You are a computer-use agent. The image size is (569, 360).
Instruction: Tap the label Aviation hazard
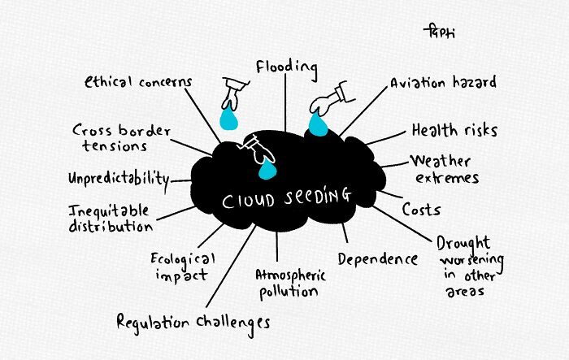[442, 83]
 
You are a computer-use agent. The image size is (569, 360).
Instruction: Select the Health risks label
[454, 130]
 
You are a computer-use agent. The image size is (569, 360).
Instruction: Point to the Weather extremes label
[444, 169]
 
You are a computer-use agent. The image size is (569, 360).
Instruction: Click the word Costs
[421, 210]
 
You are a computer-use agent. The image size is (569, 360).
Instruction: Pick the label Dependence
[377, 259]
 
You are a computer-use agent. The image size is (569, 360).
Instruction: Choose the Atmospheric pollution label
[290, 282]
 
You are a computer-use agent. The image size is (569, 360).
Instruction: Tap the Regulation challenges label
[193, 321]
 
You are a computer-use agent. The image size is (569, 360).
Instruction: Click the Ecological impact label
[183, 267]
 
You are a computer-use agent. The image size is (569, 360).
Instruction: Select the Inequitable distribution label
[110, 218]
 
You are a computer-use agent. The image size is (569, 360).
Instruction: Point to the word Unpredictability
[119, 178]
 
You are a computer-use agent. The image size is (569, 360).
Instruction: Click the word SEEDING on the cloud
[312, 197]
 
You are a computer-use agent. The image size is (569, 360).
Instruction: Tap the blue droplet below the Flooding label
[229, 120]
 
